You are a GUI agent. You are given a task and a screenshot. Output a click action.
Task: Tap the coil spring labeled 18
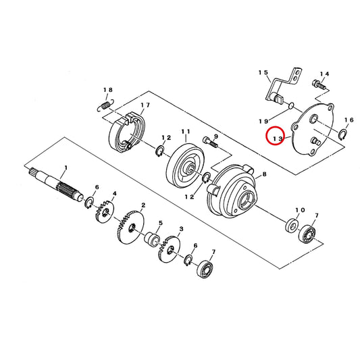coord(106,105)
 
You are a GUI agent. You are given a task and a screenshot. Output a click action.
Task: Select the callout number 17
coord(145,105)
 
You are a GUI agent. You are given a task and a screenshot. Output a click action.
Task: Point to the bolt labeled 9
coord(210,143)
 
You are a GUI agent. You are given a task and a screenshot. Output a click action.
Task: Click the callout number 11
coord(186,132)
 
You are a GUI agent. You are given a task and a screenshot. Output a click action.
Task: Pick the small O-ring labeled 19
coord(290,105)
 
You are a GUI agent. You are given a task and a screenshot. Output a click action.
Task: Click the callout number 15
coord(263,72)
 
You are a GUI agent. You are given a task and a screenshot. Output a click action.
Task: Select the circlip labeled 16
coord(343,134)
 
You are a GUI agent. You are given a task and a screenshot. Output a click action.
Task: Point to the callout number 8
coord(264,174)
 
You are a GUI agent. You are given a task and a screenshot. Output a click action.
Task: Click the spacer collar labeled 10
coord(292,225)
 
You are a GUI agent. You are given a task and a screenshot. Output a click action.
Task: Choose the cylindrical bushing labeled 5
coord(152,240)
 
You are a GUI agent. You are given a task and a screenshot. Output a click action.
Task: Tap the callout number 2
coord(143,205)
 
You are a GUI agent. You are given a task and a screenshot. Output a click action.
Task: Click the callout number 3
coord(182,229)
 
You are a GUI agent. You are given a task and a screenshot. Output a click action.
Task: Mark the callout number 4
coord(114,194)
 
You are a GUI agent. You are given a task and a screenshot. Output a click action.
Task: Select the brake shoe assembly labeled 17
coord(126,132)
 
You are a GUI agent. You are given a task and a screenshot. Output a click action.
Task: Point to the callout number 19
coord(263,121)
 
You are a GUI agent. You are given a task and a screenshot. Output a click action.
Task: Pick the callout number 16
coord(349,120)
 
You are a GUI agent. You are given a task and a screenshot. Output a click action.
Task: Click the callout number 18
coord(107,90)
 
